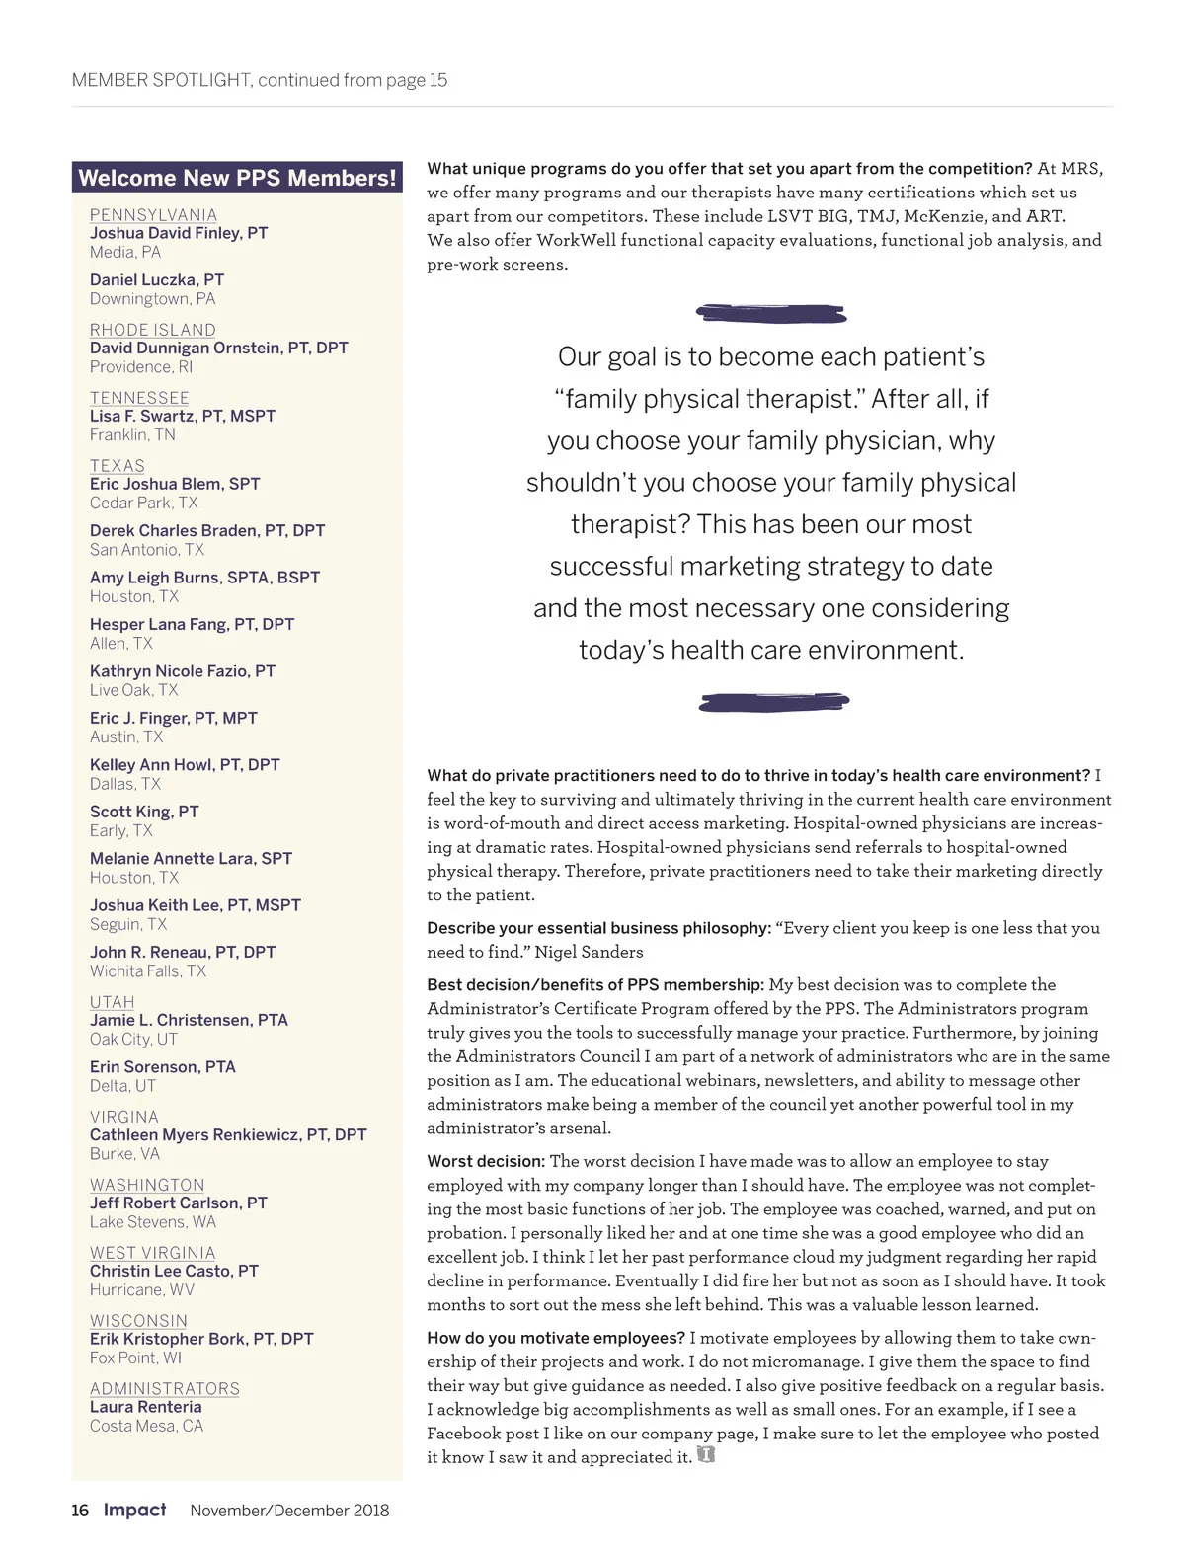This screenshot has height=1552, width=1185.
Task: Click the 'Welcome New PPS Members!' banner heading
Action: click(x=237, y=178)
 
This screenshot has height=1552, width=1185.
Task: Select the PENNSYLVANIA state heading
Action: click(x=153, y=215)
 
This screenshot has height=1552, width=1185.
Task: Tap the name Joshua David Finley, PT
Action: click(x=179, y=233)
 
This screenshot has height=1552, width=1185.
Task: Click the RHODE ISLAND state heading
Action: click(x=152, y=330)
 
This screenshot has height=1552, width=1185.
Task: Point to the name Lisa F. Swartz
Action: click(x=183, y=416)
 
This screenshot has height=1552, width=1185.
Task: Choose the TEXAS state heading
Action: click(x=118, y=466)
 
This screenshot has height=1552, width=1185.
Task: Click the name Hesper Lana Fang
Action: click(x=192, y=624)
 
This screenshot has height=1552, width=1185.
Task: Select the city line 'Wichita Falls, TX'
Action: click(x=148, y=971)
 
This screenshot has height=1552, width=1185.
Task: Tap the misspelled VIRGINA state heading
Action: click(x=124, y=1117)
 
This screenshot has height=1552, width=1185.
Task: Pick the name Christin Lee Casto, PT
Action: click(x=174, y=1271)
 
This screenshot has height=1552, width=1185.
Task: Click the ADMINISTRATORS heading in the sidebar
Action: click(x=165, y=1389)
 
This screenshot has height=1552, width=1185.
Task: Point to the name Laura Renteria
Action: click(x=145, y=1407)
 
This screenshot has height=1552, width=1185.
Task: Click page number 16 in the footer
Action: click(x=80, y=1511)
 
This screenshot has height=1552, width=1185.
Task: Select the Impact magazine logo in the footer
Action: click(x=135, y=1510)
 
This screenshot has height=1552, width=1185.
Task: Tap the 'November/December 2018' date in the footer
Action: click(x=289, y=1511)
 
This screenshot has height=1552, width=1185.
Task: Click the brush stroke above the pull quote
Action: click(x=771, y=314)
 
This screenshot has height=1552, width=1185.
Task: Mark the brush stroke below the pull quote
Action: click(x=773, y=702)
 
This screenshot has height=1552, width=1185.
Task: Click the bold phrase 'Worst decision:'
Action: click(x=486, y=1162)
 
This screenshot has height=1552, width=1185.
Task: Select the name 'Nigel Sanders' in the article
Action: click(x=589, y=953)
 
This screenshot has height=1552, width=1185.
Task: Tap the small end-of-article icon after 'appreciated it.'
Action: click(x=705, y=1455)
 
